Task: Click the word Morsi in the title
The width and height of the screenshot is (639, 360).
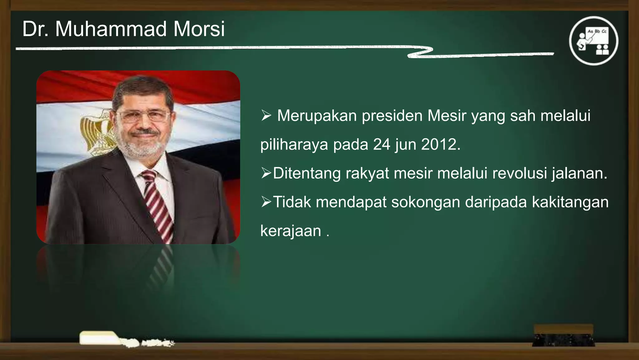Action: pyautogui.click(x=199, y=29)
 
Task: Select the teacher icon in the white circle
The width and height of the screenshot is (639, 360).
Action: pyautogui.click(x=594, y=41)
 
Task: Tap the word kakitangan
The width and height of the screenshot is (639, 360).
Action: pyautogui.click(x=570, y=202)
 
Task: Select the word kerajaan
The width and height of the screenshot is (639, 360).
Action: pyautogui.click(x=290, y=231)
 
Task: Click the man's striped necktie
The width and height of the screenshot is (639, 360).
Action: pyautogui.click(x=158, y=203)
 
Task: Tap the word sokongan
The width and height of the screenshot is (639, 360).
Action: pyautogui.click(x=425, y=202)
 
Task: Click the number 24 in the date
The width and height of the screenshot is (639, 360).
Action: pyautogui.click(x=382, y=145)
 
